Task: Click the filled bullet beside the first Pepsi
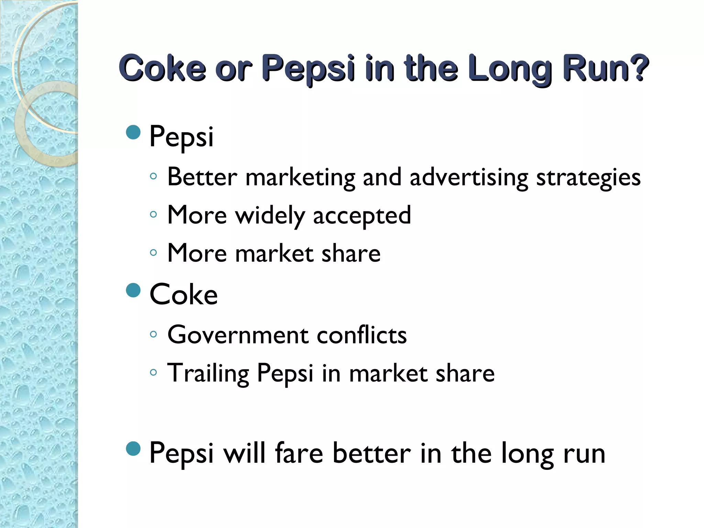pos(133,132)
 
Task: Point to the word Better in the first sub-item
pos(202,177)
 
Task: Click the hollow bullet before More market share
pos(153,253)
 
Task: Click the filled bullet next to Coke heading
pos(133,290)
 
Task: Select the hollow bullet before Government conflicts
pos(153,334)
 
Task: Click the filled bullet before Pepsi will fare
pos(133,448)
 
